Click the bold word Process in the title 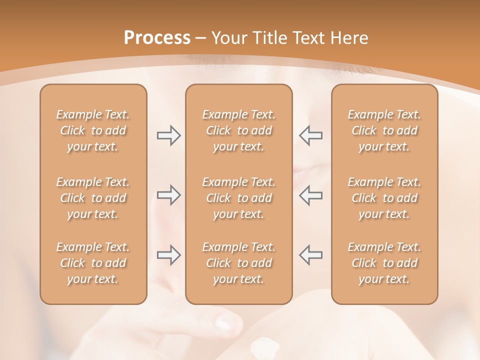[157, 38]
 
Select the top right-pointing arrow [168, 135]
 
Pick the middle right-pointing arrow [168, 195]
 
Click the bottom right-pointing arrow [168, 255]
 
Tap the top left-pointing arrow [310, 135]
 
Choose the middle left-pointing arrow [310, 195]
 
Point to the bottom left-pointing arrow [310, 255]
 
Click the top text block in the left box [93, 130]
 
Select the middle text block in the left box [93, 198]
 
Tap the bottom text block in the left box [93, 263]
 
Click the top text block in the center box [238, 130]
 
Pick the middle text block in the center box [238, 198]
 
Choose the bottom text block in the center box [238, 263]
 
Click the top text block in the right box [384, 130]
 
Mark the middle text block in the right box [384, 198]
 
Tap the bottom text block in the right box [384, 263]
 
